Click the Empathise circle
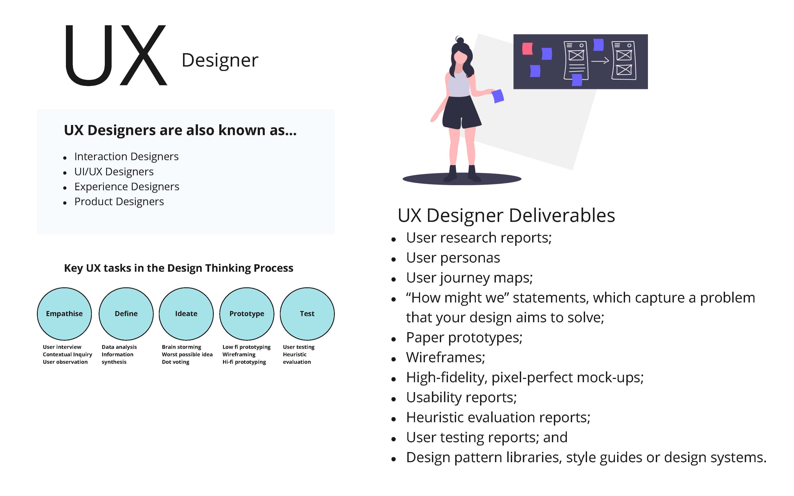point(64,314)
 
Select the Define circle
point(126,314)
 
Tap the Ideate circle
point(186,314)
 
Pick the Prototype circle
point(247,314)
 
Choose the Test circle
point(307,314)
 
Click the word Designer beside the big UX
point(220,61)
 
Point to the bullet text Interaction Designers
point(126,156)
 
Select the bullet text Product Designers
point(119,201)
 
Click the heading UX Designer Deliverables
point(506,215)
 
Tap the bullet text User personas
point(453,258)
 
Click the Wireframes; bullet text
point(445,357)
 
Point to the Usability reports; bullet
point(461,397)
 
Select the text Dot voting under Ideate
point(176,362)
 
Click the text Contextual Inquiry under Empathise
point(67,354)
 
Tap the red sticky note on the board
point(527,49)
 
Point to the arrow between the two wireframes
point(600,61)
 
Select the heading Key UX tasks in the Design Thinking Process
point(178,268)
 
